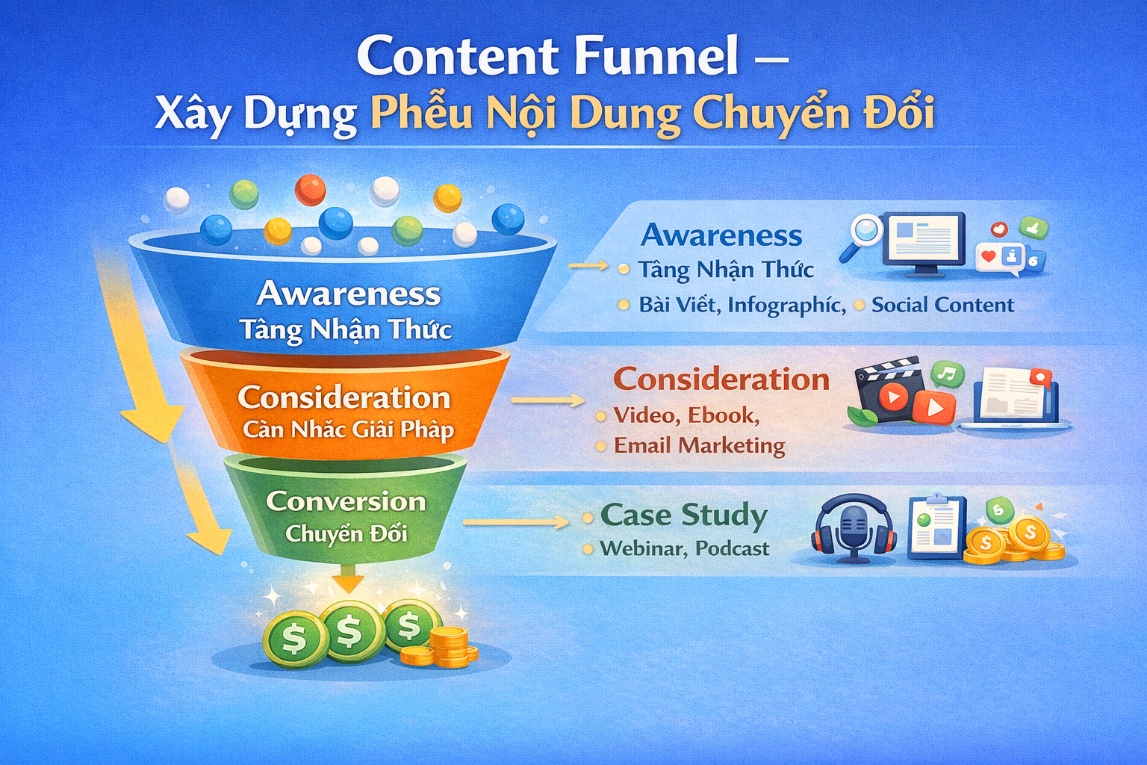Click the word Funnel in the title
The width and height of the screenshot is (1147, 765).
point(657,55)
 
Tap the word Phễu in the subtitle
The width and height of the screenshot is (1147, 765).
point(421,112)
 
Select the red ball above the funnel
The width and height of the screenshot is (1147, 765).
point(310,190)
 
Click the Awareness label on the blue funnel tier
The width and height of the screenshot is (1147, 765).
point(349,294)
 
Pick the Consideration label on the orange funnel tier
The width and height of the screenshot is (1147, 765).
point(344,397)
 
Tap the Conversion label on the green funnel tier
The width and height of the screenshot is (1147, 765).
point(346,501)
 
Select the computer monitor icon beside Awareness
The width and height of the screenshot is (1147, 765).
point(926,244)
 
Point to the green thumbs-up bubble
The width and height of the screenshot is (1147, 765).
point(1033,228)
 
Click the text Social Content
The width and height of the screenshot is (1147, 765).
point(942,305)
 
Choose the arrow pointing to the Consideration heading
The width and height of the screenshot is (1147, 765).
point(548,400)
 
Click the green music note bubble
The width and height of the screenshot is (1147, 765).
point(948,374)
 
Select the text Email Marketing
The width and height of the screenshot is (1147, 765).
point(699,445)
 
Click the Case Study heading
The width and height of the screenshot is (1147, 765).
point(683,515)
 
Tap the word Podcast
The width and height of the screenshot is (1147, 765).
point(733,549)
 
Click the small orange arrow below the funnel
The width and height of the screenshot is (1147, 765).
point(348,579)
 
